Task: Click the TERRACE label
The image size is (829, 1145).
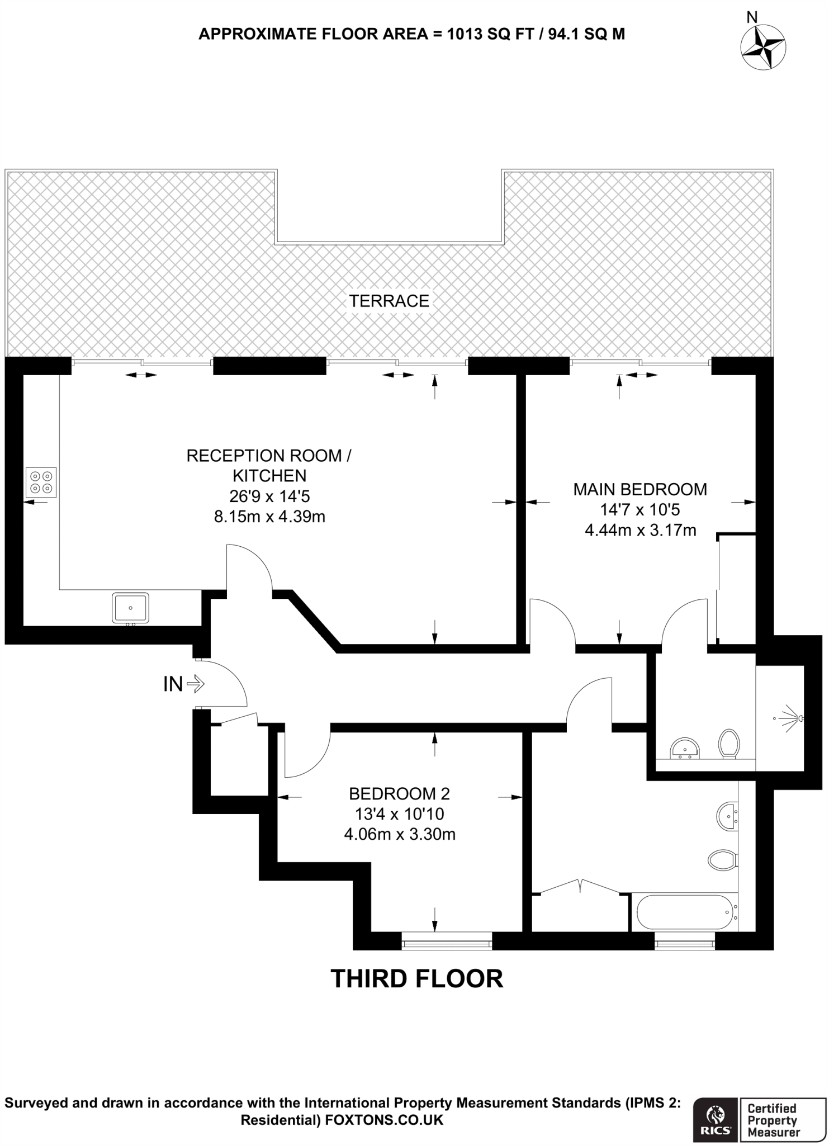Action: click(389, 301)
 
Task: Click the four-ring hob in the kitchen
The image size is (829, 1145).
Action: click(41, 482)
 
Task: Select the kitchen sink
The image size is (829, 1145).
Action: click(131, 608)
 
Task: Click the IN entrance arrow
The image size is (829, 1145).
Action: click(196, 683)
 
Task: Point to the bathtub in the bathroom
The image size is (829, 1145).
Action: click(684, 912)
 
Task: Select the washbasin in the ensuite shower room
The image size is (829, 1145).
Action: click(685, 748)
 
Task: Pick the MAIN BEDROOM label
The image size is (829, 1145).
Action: click(640, 490)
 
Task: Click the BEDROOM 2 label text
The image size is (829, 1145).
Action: click(399, 794)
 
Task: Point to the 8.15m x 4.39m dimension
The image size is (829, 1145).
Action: click(269, 516)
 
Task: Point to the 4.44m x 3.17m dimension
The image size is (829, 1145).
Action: click(640, 530)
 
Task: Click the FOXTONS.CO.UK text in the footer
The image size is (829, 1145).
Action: click(384, 1120)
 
